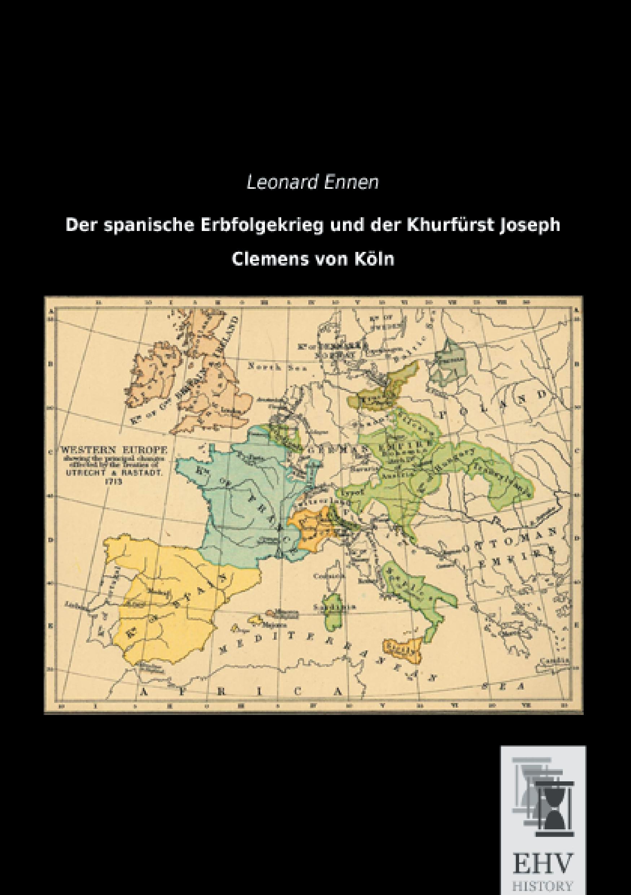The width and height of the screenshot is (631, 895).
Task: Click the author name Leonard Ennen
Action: coord(312,183)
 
